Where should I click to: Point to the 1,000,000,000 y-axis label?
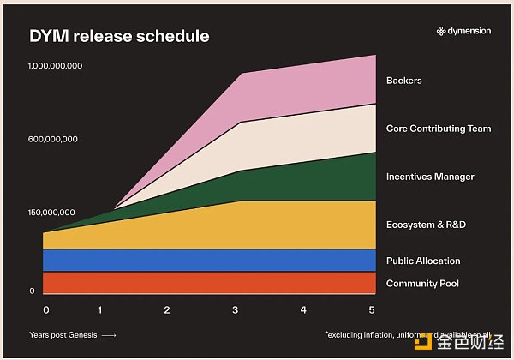tap(55, 66)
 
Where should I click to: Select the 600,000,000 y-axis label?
tap(53, 139)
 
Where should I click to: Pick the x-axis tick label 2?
tap(167, 309)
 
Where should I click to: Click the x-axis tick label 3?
tap(236, 309)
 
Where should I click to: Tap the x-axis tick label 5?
tap(372, 309)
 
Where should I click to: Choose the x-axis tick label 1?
tap(100, 309)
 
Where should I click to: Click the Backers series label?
tap(404, 81)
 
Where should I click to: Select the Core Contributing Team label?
tap(439, 129)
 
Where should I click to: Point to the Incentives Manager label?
tap(430, 177)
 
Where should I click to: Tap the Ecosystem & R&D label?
tap(425, 225)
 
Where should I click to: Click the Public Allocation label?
tap(423, 261)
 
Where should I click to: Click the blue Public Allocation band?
tap(206, 260)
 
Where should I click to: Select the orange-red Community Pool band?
tap(206, 283)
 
